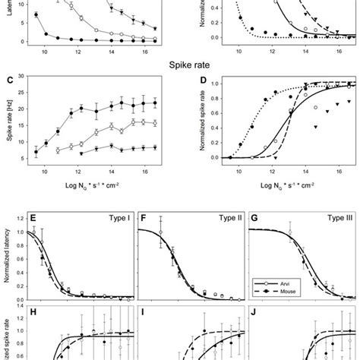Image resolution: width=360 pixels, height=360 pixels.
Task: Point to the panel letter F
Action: pos(143,219)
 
